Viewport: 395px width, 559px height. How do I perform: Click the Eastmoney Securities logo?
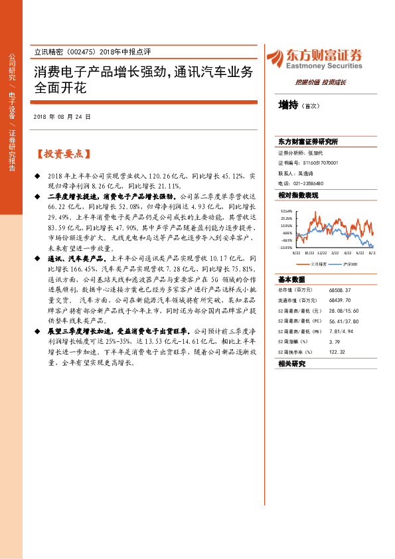point(314,59)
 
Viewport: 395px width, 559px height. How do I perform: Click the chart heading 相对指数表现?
point(298,195)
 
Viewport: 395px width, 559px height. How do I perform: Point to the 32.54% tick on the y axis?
point(286,210)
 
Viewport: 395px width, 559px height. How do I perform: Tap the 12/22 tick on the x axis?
point(321,253)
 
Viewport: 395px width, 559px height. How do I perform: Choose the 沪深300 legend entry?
point(349,264)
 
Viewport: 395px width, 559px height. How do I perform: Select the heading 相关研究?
point(291,364)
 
